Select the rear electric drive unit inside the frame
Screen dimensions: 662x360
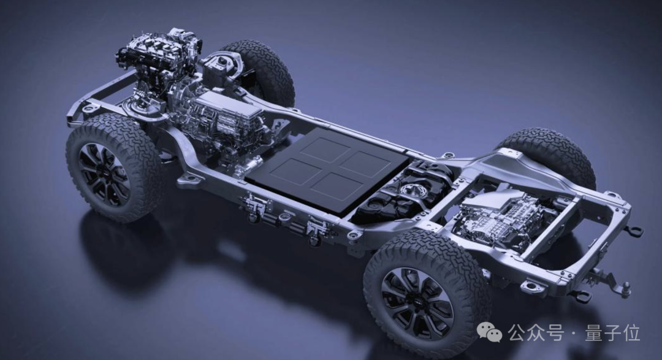point(503,215)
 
